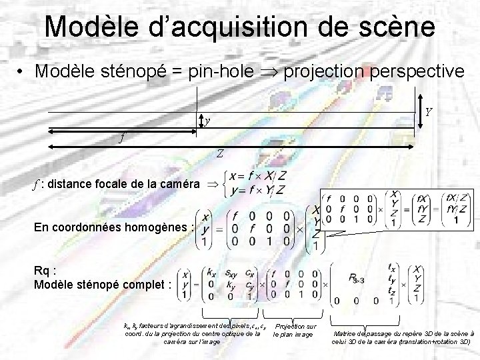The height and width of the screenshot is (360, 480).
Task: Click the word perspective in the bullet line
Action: (403, 70)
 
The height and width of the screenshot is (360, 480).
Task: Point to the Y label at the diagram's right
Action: (429, 112)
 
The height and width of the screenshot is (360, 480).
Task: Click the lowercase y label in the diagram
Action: (207, 121)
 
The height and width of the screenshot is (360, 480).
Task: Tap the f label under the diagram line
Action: (121, 139)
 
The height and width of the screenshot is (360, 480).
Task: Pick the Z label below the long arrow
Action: (219, 153)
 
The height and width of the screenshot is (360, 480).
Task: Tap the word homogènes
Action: (155, 227)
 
